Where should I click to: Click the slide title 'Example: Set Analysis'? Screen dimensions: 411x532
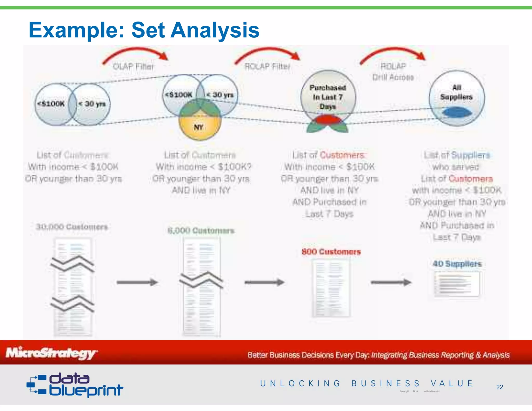[144, 30]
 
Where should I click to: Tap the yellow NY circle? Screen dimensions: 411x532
[199, 127]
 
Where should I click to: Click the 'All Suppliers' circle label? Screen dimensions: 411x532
[456, 92]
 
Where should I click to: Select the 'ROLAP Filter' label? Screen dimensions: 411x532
[267, 67]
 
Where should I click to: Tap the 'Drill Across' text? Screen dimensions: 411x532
[393, 77]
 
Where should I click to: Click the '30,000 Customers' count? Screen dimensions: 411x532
[72, 227]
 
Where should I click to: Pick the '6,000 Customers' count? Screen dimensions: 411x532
[201, 230]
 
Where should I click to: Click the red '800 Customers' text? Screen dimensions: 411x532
[331, 251]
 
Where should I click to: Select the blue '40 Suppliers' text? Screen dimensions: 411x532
[457, 264]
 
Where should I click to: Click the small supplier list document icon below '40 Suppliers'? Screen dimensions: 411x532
[457, 284]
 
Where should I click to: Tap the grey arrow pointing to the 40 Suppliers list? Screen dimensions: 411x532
[391, 282]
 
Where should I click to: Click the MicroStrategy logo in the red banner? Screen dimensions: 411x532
[51, 353]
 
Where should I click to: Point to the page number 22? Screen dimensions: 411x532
[499, 387]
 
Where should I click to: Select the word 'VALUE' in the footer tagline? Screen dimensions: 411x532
[451, 383]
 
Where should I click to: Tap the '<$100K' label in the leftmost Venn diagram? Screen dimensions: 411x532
[51, 104]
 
